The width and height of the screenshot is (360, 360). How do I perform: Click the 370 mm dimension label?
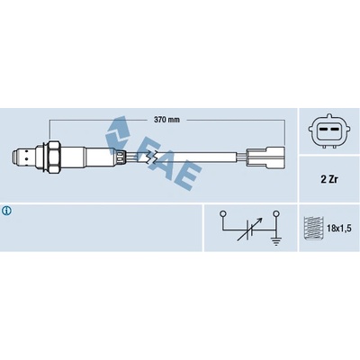[166, 120]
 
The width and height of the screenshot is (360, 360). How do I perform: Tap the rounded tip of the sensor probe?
[14, 157]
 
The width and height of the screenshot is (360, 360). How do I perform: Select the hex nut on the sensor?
[54, 157]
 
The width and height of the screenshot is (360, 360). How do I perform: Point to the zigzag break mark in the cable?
[150, 157]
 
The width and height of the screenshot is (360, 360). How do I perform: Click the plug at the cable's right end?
[265, 157]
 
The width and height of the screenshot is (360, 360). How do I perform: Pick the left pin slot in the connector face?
[322, 129]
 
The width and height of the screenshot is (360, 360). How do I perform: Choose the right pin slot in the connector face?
[334, 129]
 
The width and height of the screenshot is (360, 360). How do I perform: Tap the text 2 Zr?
[328, 179]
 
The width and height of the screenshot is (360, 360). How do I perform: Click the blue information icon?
[6, 211]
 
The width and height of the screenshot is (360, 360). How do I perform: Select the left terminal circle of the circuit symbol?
[222, 214]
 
